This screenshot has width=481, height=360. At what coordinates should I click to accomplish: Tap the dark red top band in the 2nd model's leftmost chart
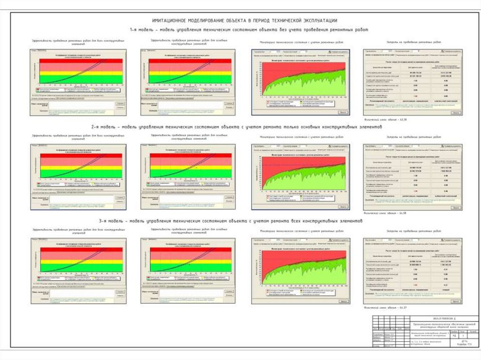click(x=80, y=155)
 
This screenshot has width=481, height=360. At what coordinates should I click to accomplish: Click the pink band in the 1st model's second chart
click(x=190, y=67)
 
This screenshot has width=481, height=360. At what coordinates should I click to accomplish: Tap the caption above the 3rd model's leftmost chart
click(x=78, y=230)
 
